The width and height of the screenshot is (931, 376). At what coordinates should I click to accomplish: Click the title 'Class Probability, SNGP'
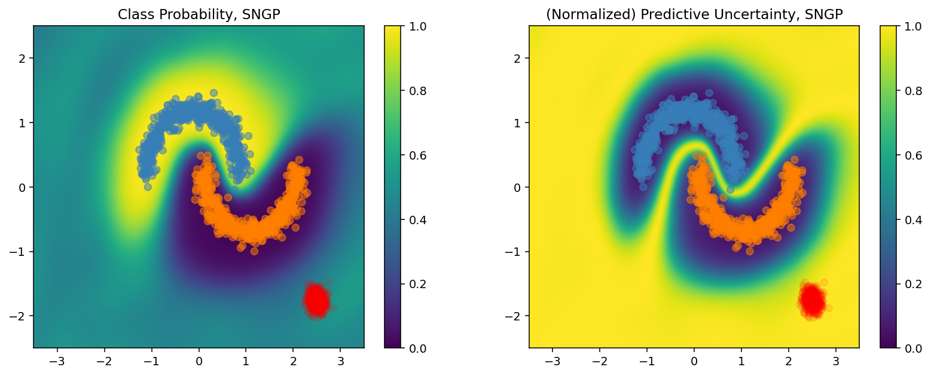(199, 16)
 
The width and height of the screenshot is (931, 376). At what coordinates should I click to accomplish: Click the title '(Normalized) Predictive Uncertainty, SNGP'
(694, 16)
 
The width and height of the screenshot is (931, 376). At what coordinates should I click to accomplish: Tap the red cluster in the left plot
(316, 299)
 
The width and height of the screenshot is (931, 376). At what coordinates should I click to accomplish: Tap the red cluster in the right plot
(812, 299)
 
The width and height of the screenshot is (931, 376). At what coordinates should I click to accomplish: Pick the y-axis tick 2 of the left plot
(24, 58)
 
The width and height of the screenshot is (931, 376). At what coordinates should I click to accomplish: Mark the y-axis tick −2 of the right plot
(516, 316)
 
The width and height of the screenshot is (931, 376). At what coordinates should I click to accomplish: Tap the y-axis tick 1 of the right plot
(519, 123)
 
